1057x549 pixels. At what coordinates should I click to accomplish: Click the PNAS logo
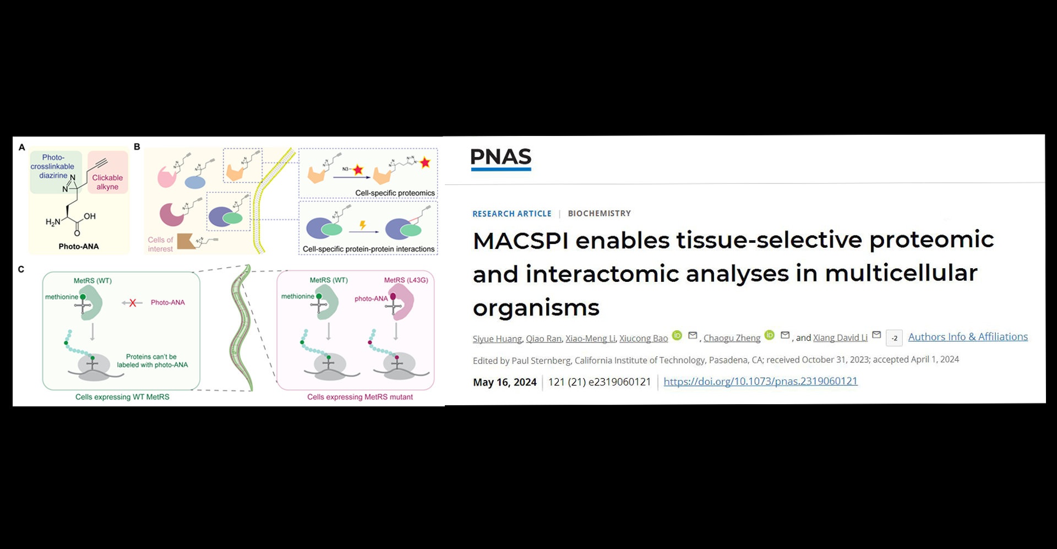[501, 159]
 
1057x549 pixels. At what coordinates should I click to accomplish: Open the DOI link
[760, 381]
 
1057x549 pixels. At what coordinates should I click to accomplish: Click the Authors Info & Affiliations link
[968, 336]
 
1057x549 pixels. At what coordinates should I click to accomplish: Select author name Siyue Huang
[497, 338]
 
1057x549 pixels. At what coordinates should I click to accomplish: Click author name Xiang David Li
[840, 338]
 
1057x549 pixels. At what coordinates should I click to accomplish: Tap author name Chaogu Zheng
[732, 338]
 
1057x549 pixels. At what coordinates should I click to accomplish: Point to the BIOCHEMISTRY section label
[599, 213]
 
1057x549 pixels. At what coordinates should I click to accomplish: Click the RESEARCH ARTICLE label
[512, 214]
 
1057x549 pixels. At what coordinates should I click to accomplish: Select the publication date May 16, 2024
[505, 382]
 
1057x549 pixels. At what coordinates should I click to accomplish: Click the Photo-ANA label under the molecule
[79, 246]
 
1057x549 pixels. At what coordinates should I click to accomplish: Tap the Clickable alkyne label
[107, 182]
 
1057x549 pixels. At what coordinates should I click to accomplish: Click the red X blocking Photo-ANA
[132, 303]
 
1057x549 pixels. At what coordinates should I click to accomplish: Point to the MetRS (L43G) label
[406, 280]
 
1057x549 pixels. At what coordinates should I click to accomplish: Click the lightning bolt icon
[363, 225]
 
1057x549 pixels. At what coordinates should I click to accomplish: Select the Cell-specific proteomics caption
[395, 193]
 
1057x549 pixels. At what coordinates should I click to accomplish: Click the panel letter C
[21, 269]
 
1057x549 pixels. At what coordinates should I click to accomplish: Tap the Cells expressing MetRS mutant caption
[360, 397]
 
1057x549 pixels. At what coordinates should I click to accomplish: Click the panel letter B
[137, 146]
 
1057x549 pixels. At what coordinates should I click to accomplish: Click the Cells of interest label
[160, 244]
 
